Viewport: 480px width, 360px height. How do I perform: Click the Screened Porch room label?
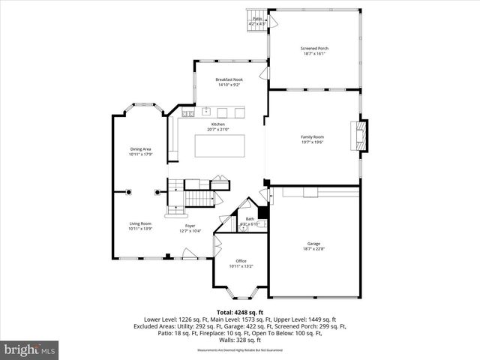[x=314, y=48]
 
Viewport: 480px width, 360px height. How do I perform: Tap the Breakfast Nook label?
[x=229, y=79]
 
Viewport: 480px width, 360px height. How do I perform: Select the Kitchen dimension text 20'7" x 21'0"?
[x=218, y=130]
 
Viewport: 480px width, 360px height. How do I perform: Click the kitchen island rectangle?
[x=219, y=145]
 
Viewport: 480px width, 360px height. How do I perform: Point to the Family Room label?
[x=313, y=136]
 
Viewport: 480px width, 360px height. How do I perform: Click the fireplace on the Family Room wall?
[x=362, y=136]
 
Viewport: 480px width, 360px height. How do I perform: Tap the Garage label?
[x=313, y=244]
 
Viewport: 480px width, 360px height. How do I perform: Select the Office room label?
[x=241, y=261]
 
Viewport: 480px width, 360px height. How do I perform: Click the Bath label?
[x=250, y=219]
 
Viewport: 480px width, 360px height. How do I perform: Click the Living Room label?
[x=140, y=223]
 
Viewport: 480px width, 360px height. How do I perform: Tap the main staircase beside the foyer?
[x=198, y=198]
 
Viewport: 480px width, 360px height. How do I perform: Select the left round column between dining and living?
[x=128, y=192]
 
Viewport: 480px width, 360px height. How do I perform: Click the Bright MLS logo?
[x=30, y=349]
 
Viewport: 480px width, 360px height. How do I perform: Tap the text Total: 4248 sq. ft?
[x=240, y=311]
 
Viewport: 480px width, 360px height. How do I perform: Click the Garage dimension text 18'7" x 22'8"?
[x=313, y=250]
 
